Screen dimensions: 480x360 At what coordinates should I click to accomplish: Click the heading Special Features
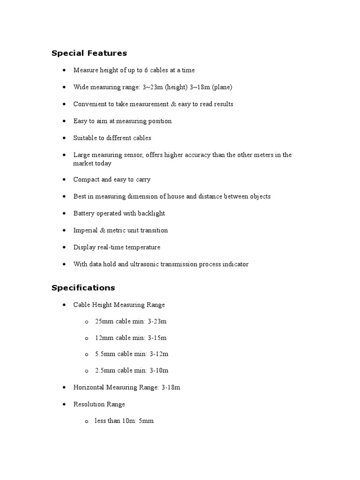[x=89, y=53]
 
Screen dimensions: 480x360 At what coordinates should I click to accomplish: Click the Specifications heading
[x=83, y=288]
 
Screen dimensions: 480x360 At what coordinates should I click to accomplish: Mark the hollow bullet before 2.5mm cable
[x=87, y=371]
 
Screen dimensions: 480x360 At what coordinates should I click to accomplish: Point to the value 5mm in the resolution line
[x=146, y=421]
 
